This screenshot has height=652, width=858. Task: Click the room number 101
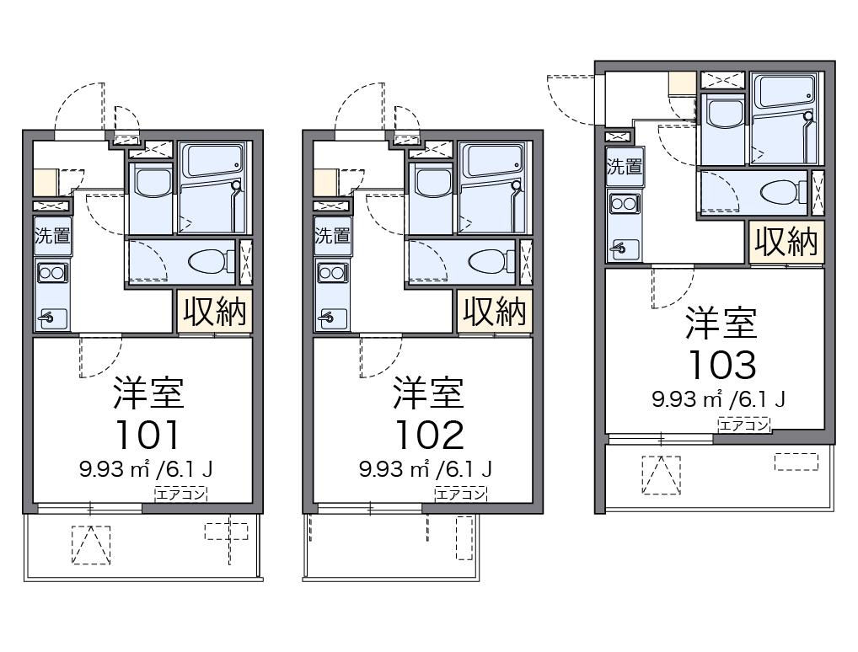(x=147, y=434)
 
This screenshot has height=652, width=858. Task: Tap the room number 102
(x=429, y=434)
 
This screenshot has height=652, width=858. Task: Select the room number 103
(x=721, y=364)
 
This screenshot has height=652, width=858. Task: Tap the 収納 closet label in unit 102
(x=496, y=312)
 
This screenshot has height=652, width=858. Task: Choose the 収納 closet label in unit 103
(x=786, y=243)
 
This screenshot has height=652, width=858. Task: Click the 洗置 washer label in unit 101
(x=52, y=236)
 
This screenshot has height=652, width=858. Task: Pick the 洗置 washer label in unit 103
(x=624, y=166)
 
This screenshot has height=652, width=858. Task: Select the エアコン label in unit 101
(x=180, y=494)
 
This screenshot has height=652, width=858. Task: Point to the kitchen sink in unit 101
(x=52, y=317)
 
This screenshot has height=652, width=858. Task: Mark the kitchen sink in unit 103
(x=624, y=247)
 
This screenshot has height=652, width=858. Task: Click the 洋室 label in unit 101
(x=148, y=391)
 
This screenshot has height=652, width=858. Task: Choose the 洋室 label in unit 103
(x=721, y=322)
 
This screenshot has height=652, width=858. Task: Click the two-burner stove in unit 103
(x=624, y=203)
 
